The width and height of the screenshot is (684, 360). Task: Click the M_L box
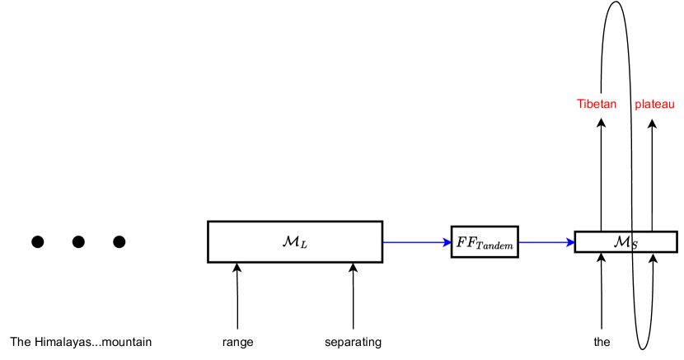coord(294,241)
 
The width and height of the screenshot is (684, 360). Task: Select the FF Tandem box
coord(485,242)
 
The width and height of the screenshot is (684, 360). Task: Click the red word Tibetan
coord(597,105)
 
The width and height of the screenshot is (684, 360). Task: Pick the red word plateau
coord(654,105)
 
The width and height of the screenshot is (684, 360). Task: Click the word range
coord(237,342)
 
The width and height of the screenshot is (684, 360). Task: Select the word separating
coord(353,342)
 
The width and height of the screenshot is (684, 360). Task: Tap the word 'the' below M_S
coord(602,342)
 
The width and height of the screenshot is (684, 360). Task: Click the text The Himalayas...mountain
coord(81,342)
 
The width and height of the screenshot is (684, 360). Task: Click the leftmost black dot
coord(37,241)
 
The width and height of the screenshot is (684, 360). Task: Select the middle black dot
coord(78,241)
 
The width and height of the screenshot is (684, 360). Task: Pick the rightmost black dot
coord(119,241)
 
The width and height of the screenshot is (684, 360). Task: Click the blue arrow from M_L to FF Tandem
coord(416,242)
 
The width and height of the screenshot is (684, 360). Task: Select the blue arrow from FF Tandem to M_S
coord(546,242)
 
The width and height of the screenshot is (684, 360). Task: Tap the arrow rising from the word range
coord(237,297)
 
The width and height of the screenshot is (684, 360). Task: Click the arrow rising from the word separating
coord(353,297)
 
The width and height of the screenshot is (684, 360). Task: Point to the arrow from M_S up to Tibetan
coord(602,173)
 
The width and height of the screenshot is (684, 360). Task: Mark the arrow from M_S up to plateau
coord(652,173)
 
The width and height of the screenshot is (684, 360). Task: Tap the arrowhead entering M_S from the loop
coord(653,259)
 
